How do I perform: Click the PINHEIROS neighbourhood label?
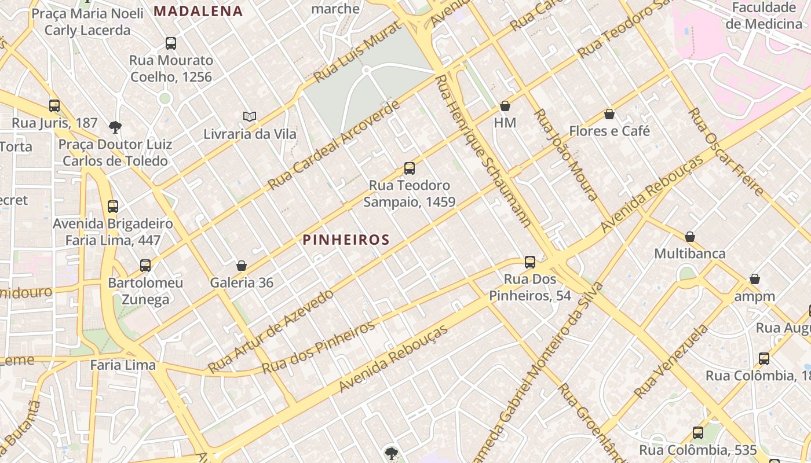(x=346, y=240)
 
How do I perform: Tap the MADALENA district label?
(x=199, y=11)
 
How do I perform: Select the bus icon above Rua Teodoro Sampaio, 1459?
(x=410, y=168)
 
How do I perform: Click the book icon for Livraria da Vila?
(x=250, y=117)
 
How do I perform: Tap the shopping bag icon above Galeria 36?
(x=242, y=266)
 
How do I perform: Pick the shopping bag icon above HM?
(x=505, y=106)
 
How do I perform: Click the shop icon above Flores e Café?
(x=609, y=114)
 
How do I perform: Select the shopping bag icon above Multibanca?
(x=690, y=237)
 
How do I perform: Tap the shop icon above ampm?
(x=754, y=280)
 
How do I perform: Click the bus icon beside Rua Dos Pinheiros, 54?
(x=530, y=262)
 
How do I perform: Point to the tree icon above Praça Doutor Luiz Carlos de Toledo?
(x=115, y=127)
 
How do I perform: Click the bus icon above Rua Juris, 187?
(x=54, y=106)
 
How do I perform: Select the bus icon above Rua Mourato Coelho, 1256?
(x=171, y=43)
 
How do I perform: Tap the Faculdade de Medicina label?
(x=763, y=16)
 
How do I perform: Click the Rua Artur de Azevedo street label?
(x=271, y=331)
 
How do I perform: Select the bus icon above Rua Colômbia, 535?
(x=698, y=432)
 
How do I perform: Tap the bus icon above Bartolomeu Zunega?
(x=145, y=265)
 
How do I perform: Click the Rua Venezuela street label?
(x=671, y=362)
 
